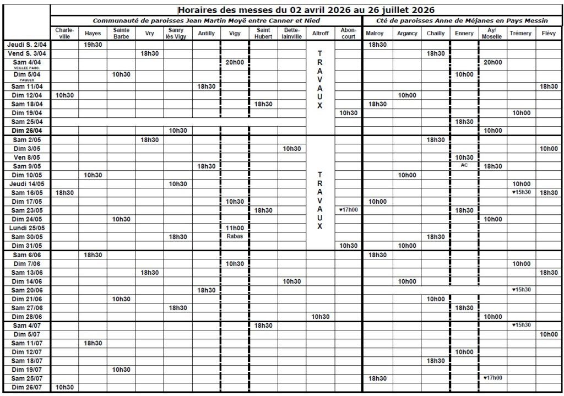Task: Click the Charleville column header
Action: (x=64, y=33)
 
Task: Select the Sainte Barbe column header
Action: (x=121, y=33)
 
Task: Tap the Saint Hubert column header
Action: (x=263, y=33)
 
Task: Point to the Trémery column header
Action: (x=520, y=34)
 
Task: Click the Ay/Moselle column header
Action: (x=491, y=33)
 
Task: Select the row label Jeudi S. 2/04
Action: (x=28, y=45)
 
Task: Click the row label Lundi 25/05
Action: (x=27, y=227)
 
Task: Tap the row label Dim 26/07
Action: (x=28, y=387)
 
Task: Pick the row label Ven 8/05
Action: (x=28, y=157)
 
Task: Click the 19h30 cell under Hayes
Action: (x=93, y=45)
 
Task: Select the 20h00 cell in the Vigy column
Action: (x=235, y=62)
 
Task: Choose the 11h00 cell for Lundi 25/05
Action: (x=235, y=227)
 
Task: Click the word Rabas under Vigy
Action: (x=235, y=236)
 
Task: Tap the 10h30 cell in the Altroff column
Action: (x=321, y=317)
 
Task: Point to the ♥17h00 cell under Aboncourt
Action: (x=348, y=210)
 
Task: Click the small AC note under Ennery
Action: (x=464, y=165)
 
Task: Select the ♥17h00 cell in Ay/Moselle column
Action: (x=491, y=378)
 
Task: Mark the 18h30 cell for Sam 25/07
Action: (x=377, y=378)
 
